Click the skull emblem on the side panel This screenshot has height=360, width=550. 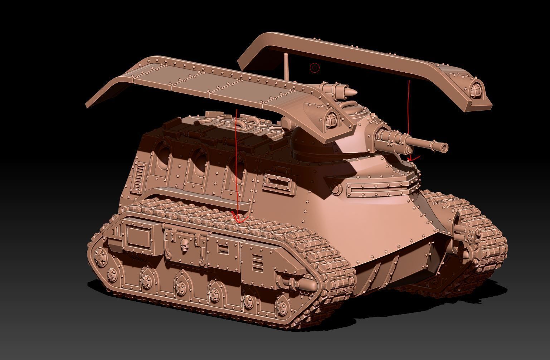click(185, 245)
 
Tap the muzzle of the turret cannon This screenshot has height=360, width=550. click(444, 147)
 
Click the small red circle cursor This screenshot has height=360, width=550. click(315, 68)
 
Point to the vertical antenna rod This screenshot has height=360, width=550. click(287, 67)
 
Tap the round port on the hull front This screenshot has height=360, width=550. click(335, 188)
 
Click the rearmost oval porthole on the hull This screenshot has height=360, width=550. click(162, 155)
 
